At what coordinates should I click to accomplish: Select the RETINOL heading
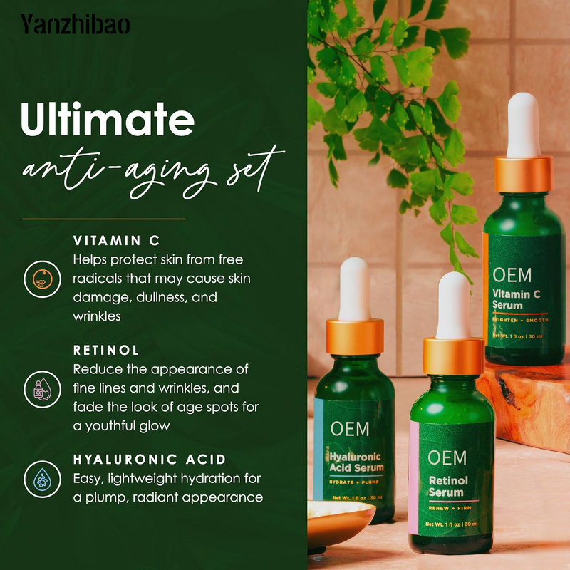[106, 351]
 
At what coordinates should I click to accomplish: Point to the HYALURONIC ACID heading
[150, 460]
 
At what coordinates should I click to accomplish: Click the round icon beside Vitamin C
[38, 278]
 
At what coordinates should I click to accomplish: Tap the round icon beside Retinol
[38, 388]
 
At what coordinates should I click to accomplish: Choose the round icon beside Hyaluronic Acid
[38, 479]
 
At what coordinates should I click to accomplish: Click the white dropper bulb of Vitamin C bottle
[524, 125]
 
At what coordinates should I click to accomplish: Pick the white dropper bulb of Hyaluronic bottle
[354, 289]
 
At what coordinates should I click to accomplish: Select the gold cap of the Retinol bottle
[453, 356]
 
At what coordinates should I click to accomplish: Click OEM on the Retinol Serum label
[447, 457]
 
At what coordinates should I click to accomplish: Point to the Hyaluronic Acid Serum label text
[356, 462]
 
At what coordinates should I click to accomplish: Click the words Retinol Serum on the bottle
[447, 486]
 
